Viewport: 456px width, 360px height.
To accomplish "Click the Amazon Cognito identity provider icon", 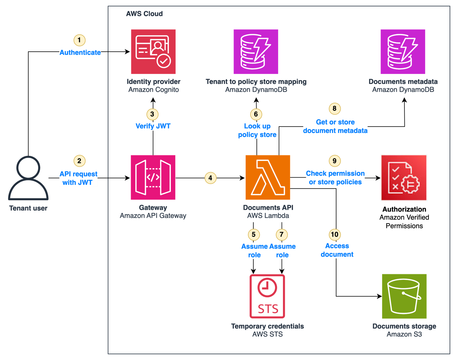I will click(153, 52).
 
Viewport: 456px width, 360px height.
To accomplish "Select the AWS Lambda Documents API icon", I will click(268, 177).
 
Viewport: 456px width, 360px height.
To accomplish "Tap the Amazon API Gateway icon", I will click(153, 177).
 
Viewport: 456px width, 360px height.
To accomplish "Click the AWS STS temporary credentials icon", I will click(267, 296).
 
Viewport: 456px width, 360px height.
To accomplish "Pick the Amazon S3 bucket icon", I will click(404, 296).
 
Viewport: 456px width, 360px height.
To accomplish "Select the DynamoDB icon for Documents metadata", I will click(403, 52).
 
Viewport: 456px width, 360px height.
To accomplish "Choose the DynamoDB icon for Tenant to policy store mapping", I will click(256, 52).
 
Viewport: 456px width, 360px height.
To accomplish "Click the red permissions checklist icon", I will click(404, 178).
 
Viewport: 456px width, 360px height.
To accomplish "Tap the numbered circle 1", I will click(79, 40).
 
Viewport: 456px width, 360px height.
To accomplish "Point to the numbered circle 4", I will click(210, 178).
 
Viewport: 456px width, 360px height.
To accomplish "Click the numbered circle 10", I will click(335, 235).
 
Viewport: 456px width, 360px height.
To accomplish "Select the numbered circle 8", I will click(335, 108).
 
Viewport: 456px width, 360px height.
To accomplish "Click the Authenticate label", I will click(80, 53).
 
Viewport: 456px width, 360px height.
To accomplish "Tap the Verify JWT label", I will click(153, 126).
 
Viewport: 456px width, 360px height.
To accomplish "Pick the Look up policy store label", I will click(257, 130).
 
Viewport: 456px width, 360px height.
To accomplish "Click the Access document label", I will click(337, 250).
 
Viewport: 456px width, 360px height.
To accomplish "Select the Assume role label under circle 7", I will click(282, 251).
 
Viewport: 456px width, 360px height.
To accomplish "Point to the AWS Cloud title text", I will click(144, 14).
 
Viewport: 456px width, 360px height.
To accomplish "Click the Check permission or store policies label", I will click(335, 178).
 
